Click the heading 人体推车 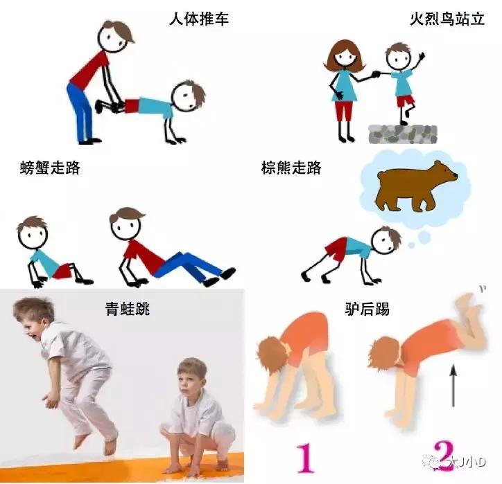[198, 19]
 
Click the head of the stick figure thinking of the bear [386, 242]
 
